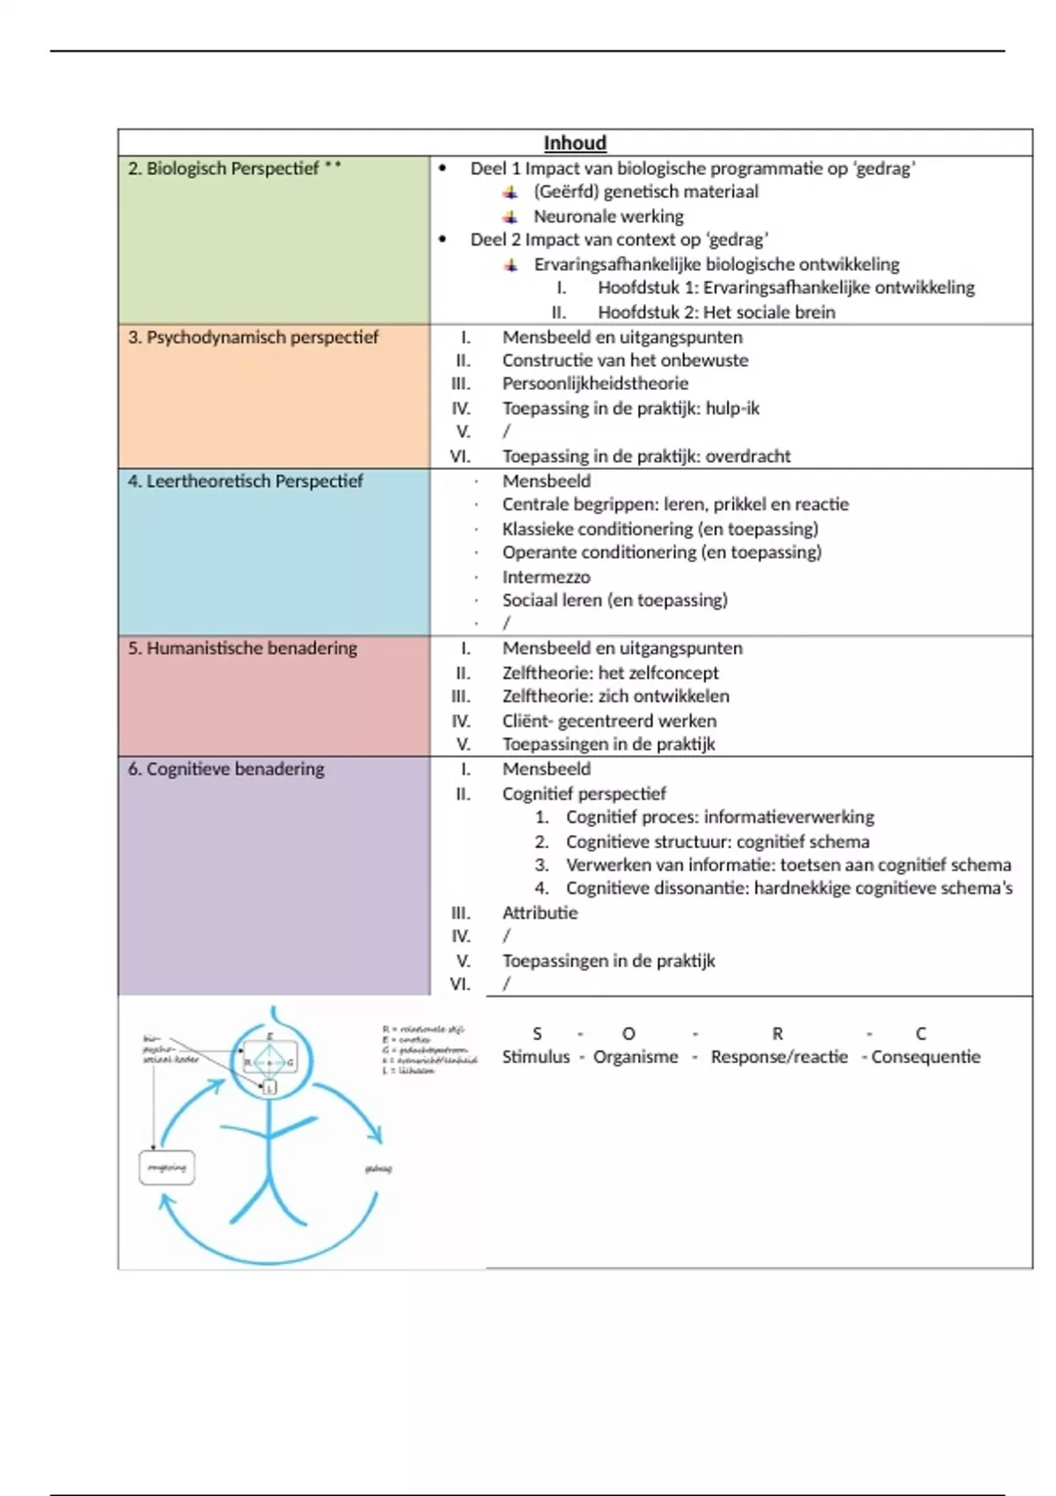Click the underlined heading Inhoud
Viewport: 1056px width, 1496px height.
click(575, 143)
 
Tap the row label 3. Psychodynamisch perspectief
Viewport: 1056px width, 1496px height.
click(253, 337)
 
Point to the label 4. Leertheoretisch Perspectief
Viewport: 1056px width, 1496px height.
click(245, 480)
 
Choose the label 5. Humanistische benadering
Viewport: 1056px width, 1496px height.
click(242, 648)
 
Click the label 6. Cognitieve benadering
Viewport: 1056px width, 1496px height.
click(225, 768)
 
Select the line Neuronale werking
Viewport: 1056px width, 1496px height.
click(608, 216)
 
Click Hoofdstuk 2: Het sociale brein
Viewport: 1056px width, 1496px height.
click(716, 312)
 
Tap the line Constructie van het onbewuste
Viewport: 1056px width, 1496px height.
click(625, 360)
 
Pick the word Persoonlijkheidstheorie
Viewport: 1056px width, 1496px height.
click(595, 383)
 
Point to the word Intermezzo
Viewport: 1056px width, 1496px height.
click(546, 576)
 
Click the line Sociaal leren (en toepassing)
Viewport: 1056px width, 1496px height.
click(614, 600)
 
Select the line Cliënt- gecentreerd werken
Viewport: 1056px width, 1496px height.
click(609, 720)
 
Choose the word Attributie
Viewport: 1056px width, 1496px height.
click(539, 913)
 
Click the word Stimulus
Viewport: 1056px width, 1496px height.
click(536, 1056)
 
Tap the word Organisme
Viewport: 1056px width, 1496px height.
click(635, 1056)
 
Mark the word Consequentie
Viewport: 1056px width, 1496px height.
click(925, 1056)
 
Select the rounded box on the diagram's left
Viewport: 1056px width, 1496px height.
click(166, 1168)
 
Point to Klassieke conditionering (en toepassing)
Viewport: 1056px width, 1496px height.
click(660, 528)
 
